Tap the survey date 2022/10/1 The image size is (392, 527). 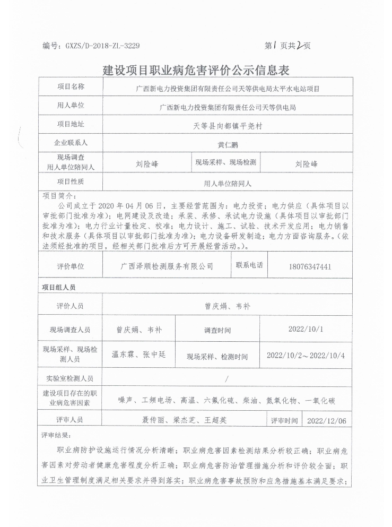pyautogui.click(x=306, y=329)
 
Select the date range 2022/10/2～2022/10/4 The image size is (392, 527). pyautogui.click(x=306, y=355)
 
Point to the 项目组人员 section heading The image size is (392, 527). pyautogui.click(x=59, y=287)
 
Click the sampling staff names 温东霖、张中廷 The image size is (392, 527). pyautogui.click(x=140, y=355)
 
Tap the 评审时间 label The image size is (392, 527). pyautogui.click(x=284, y=421)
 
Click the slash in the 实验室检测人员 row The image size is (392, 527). pyautogui.click(x=227, y=379)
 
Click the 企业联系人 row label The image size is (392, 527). pyautogui.click(x=71, y=143)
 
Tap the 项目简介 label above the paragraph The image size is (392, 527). pyautogui.click(x=57, y=195)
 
